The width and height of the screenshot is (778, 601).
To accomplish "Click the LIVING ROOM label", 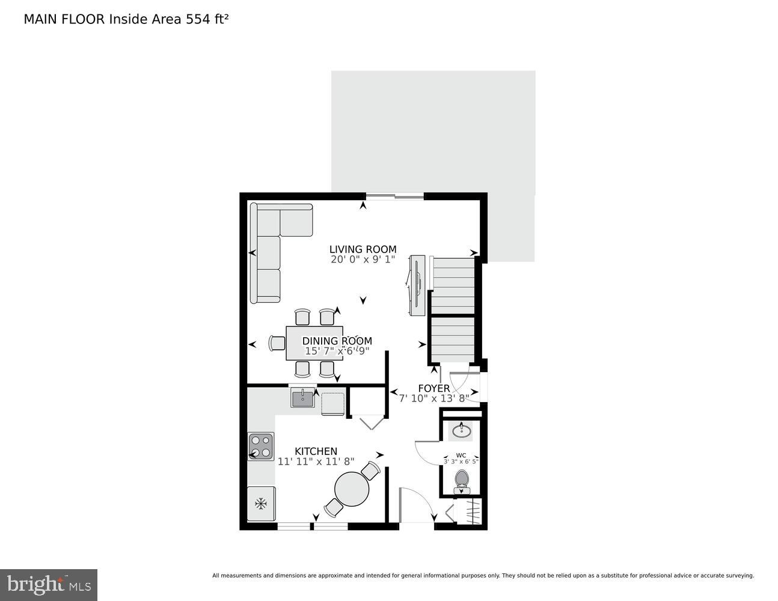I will tap(363, 249).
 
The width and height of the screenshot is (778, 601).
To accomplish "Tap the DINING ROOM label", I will tap(337, 341).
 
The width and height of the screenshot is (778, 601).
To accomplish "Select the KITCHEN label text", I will tap(316, 451).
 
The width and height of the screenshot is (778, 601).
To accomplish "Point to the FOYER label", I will tap(433, 388).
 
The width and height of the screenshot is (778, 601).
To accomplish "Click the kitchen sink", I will tap(302, 397).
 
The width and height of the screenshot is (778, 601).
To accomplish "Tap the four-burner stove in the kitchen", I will tap(261, 447).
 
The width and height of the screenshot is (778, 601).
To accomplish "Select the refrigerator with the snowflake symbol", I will tap(261, 504).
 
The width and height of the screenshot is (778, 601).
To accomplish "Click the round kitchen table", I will tap(352, 489).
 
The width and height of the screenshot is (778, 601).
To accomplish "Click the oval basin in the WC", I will tap(462, 430).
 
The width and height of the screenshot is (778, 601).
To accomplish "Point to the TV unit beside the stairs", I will tap(416, 285).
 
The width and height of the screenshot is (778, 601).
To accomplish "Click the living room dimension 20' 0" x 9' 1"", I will tap(363, 260).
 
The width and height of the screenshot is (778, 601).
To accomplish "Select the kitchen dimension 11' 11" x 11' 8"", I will tap(316, 462).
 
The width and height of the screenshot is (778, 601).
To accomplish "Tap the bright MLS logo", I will tap(48, 584).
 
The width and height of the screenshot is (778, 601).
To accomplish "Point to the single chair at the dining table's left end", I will tap(278, 343).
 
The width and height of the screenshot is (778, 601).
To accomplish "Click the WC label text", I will tap(461, 455).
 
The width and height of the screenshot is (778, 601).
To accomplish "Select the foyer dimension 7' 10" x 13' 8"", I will tap(433, 398).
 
